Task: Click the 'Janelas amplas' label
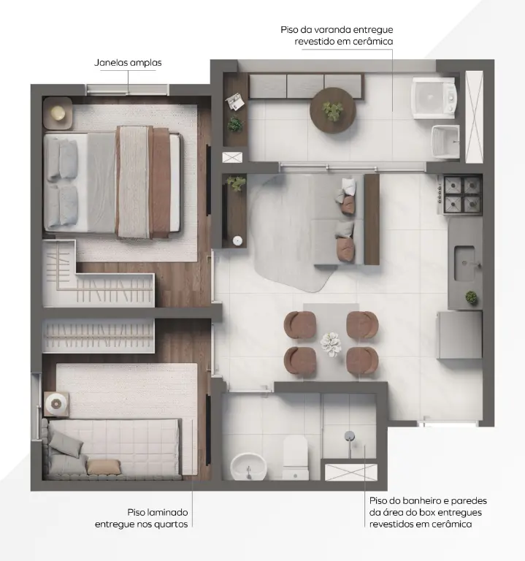click(x=128, y=63)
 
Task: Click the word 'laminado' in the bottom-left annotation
click(x=167, y=512)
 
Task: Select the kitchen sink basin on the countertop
click(x=464, y=263)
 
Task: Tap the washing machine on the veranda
click(x=434, y=98)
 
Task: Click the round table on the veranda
click(x=332, y=110)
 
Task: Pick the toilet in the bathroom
click(x=296, y=458)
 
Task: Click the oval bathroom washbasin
click(x=248, y=467)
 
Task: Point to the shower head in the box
click(x=350, y=436)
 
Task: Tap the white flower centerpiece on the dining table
click(x=331, y=343)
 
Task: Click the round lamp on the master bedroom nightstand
click(x=58, y=113)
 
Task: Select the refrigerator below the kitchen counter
click(x=459, y=335)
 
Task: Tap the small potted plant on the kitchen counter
click(x=472, y=297)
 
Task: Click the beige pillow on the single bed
click(x=104, y=467)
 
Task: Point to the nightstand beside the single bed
click(x=56, y=404)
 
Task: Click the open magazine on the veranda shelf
click(x=234, y=102)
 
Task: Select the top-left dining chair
click(x=299, y=325)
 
